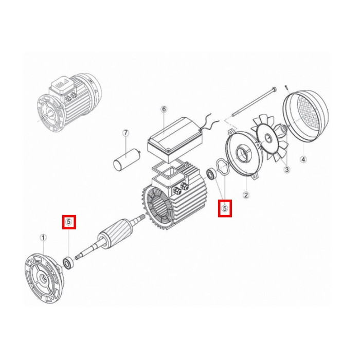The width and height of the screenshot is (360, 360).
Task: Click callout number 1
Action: (43, 238)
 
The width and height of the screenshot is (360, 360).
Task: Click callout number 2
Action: (246, 195)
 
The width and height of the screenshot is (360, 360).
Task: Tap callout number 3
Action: (287, 170)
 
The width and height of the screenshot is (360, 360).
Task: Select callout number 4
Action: (303, 159)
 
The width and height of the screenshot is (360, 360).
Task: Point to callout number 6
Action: (164, 109)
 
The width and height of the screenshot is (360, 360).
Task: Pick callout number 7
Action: (125, 133)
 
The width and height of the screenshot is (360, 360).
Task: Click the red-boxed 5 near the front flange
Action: (69, 222)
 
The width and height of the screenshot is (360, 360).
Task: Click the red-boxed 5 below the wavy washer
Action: (225, 208)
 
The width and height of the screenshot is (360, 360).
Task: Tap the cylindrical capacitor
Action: (127, 159)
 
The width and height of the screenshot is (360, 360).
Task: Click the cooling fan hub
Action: (268, 138)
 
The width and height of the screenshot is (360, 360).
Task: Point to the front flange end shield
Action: (44, 278)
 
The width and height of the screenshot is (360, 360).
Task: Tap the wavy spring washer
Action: (222, 169)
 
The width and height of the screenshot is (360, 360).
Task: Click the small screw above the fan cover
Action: (286, 87)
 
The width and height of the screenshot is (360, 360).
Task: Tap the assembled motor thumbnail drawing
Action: (69, 103)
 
